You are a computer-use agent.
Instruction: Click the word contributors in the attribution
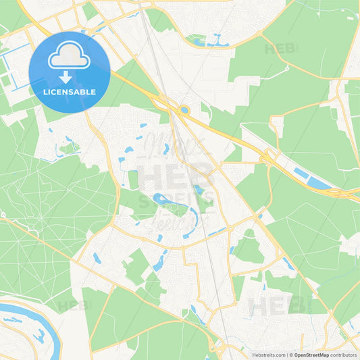[344, 355]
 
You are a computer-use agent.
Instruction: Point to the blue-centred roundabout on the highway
[184, 110]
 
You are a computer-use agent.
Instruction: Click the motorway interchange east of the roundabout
[267, 157]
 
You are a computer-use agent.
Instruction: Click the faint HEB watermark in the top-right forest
[280, 49]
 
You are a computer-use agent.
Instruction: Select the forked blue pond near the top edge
[216, 41]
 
